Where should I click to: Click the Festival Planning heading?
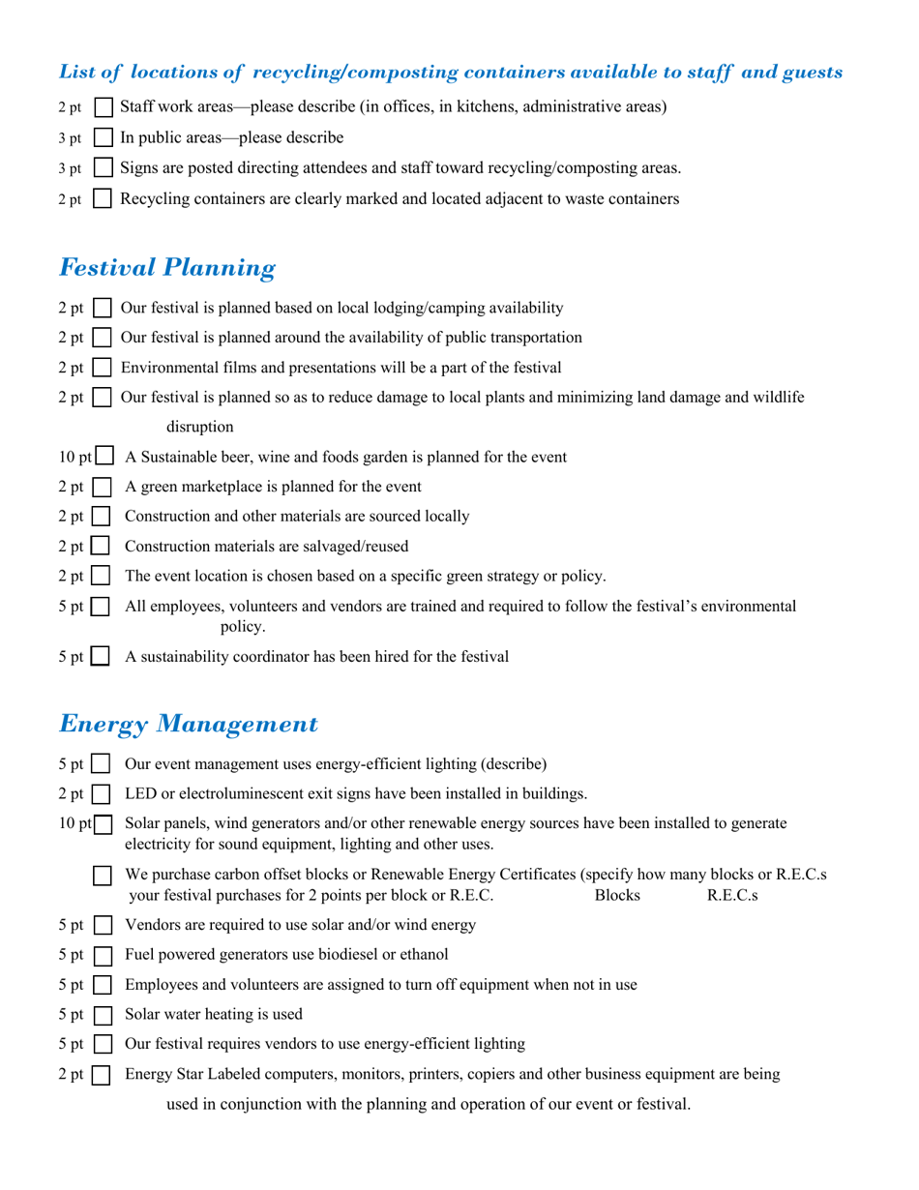click(166, 268)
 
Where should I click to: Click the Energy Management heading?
click(188, 724)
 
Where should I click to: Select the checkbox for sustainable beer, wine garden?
click(105, 457)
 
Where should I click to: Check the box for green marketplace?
click(102, 488)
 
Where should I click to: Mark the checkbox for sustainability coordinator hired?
click(101, 658)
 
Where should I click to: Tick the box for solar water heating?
click(101, 1015)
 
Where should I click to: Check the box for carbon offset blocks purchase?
click(102, 876)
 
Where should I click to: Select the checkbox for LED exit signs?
click(101, 795)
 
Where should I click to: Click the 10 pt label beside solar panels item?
click(75, 823)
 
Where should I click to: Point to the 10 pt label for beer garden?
click(75, 457)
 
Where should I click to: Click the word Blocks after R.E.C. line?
click(617, 896)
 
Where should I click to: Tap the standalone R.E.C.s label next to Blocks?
click(732, 896)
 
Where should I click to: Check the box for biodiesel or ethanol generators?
click(101, 955)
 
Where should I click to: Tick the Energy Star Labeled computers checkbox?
click(101, 1075)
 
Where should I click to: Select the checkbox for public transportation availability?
click(102, 339)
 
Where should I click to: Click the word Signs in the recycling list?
click(139, 168)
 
